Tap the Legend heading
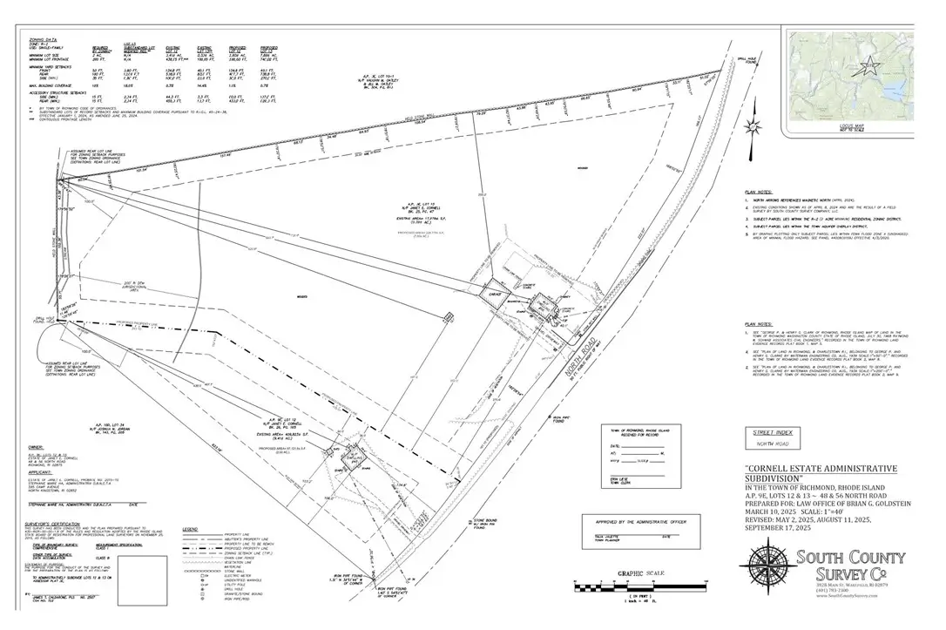(190, 529)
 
